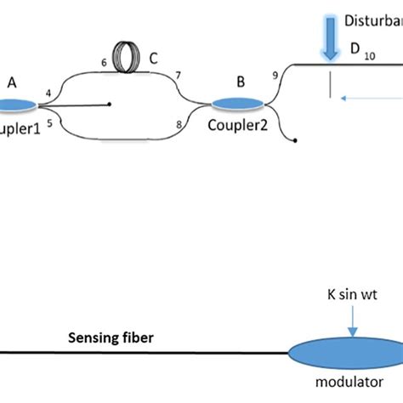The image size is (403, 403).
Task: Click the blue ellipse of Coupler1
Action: (x=14, y=105)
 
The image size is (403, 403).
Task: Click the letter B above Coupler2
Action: (x=241, y=82)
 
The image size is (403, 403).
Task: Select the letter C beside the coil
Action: (x=153, y=60)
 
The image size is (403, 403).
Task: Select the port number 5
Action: (x=48, y=123)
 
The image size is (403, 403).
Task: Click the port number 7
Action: (x=178, y=76)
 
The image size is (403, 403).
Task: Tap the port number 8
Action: (x=178, y=125)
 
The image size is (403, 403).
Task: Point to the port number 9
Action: (x=274, y=75)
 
